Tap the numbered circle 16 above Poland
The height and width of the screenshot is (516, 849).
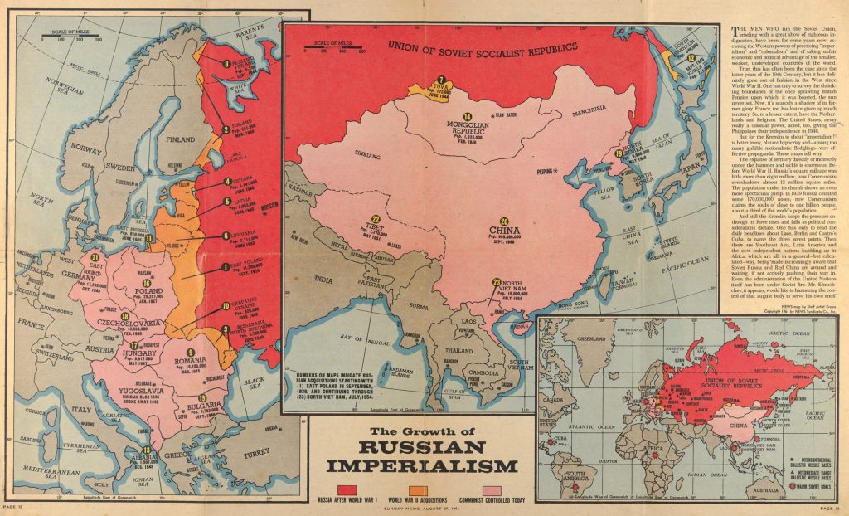147,284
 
